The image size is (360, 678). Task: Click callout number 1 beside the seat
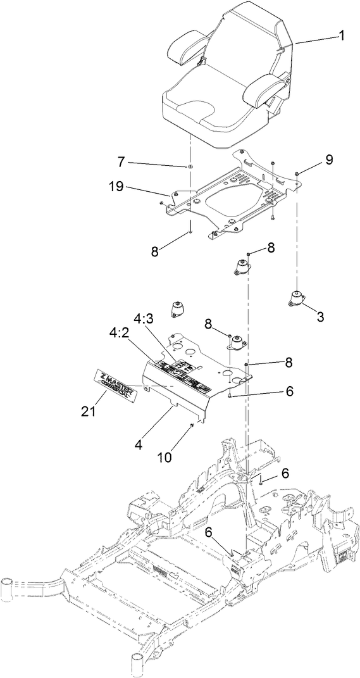pos(341,36)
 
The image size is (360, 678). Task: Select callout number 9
pos(328,160)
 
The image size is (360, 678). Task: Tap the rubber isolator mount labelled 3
pos(295,298)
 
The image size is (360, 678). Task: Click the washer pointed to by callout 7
pos(189,166)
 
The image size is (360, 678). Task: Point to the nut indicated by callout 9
pos(297,172)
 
